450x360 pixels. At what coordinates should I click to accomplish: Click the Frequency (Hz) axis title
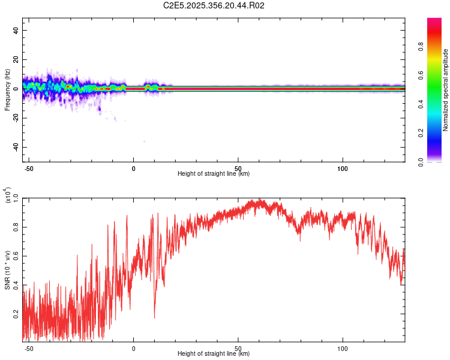(7, 89)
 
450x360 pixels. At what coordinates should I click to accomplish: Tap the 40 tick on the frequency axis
(16, 31)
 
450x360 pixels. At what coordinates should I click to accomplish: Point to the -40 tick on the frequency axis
(16, 147)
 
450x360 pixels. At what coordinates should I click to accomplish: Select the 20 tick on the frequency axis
(16, 60)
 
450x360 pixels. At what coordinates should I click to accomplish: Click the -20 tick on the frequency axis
(16, 118)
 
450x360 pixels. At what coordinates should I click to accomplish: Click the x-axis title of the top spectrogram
(214, 173)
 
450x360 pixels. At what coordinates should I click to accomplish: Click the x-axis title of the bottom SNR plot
(214, 353)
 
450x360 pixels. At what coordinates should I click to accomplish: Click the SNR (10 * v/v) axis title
(7, 270)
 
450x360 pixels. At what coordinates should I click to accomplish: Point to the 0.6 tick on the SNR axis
(16, 256)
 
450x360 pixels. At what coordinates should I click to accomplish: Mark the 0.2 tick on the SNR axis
(16, 313)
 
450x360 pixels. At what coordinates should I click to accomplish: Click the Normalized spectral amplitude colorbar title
(445, 90)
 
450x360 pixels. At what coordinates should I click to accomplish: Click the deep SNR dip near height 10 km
(155, 316)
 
